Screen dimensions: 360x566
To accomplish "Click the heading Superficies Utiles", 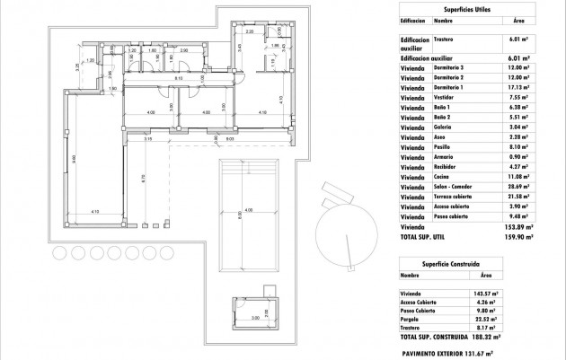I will [467, 6].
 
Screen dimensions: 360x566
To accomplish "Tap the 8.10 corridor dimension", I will [179, 79].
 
